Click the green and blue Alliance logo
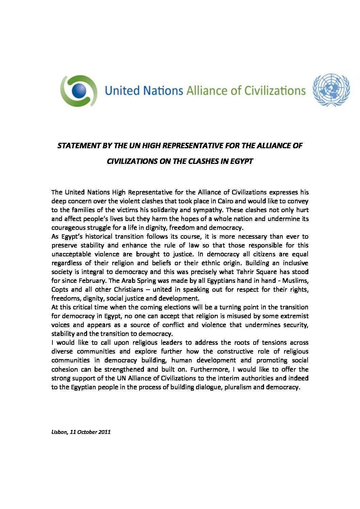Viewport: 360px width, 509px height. click(x=79, y=91)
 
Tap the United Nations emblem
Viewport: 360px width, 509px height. click(x=331, y=90)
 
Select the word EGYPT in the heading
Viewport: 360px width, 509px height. click(x=241, y=161)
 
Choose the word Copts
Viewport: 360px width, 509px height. click(x=60, y=289)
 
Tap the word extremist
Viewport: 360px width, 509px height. click(x=294, y=316)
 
